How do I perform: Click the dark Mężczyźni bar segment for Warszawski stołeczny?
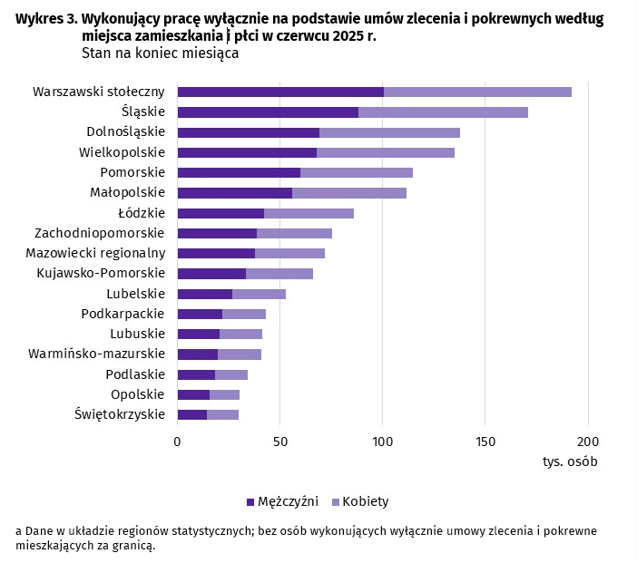tap(280, 92)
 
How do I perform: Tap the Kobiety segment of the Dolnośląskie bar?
tap(389, 132)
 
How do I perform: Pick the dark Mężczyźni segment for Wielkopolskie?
tap(247, 152)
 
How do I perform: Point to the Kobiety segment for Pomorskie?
tap(357, 172)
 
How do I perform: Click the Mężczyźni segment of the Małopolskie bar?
tap(235, 193)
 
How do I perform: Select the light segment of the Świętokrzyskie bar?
tap(222, 414)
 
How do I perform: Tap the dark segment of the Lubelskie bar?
tap(205, 294)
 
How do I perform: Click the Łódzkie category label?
tap(142, 213)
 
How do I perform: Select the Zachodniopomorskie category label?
tap(100, 233)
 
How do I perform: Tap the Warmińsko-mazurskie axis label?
tap(97, 354)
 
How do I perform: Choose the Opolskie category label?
tap(137, 394)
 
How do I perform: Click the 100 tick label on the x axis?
tap(382, 442)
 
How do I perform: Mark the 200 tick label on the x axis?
tap(588, 442)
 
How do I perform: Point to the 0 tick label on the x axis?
tap(177, 442)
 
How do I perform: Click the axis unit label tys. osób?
tap(570, 461)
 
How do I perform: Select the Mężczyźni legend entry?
tap(282, 501)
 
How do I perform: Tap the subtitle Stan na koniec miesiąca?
tap(160, 53)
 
